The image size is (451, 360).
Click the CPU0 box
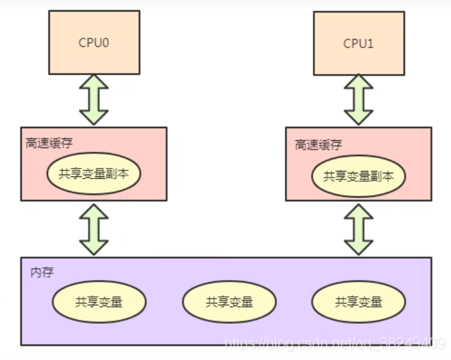95,42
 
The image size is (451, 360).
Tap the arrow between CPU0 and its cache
95,100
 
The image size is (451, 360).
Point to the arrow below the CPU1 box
359,100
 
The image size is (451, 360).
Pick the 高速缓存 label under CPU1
319,144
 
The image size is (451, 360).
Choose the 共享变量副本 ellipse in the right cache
359,176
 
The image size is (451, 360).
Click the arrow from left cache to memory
95,229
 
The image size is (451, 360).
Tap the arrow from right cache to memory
359,229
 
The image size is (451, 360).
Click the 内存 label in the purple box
42,272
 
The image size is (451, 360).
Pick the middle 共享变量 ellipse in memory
229,302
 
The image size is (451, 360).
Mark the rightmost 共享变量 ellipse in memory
359,302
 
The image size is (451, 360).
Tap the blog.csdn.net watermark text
334,344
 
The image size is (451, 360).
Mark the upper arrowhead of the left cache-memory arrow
95,211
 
